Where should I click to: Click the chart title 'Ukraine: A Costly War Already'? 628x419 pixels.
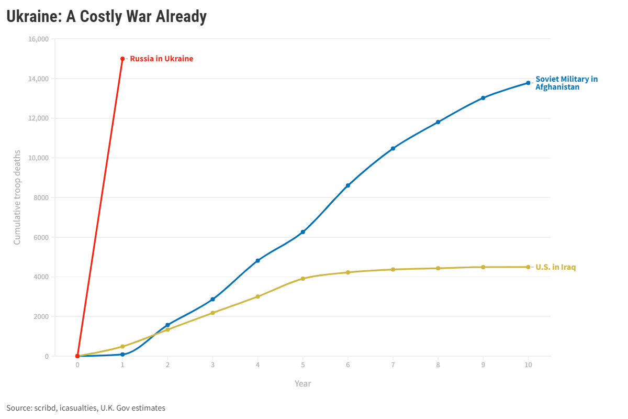(106, 17)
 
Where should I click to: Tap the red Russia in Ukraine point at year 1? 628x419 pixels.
(122, 59)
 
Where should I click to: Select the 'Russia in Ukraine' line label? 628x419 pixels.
(161, 59)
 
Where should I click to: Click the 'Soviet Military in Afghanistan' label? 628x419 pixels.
(566, 83)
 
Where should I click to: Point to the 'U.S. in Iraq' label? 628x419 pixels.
(555, 267)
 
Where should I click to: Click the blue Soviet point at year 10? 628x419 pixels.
(528, 83)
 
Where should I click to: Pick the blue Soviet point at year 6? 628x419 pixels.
(348, 185)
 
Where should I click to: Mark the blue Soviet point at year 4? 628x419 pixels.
(257, 260)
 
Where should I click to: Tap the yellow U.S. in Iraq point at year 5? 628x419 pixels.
(302, 279)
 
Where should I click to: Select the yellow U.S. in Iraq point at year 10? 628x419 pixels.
(528, 267)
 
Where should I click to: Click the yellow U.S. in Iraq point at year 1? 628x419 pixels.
(122, 346)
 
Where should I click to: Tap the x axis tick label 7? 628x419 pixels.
(393, 365)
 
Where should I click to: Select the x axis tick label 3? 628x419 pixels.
(212, 365)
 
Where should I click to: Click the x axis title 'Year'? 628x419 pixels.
(302, 383)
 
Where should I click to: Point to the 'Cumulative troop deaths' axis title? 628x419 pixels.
(17, 197)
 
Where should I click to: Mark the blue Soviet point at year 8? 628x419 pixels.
(438, 122)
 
